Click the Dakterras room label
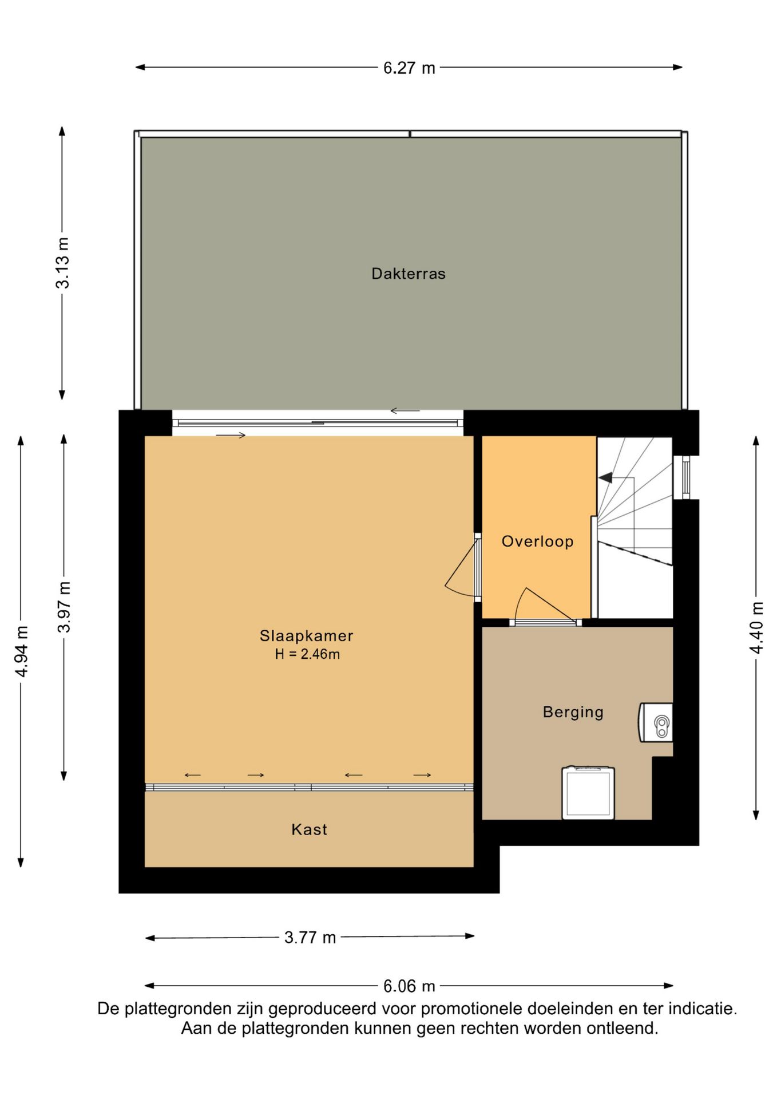[409, 274]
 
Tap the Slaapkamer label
[307, 635]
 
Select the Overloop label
[537, 541]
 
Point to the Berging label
[573, 712]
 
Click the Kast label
[309, 829]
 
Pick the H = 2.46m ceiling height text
[307, 654]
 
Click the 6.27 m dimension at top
[409, 68]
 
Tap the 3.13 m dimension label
[62, 263]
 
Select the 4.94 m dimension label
[22, 651]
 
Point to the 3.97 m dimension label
[65, 607]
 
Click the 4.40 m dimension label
[756, 628]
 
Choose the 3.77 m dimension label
[310, 938]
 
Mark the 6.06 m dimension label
[409, 986]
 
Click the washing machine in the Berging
[588, 793]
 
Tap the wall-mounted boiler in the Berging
[656, 722]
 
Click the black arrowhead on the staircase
[605, 477]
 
